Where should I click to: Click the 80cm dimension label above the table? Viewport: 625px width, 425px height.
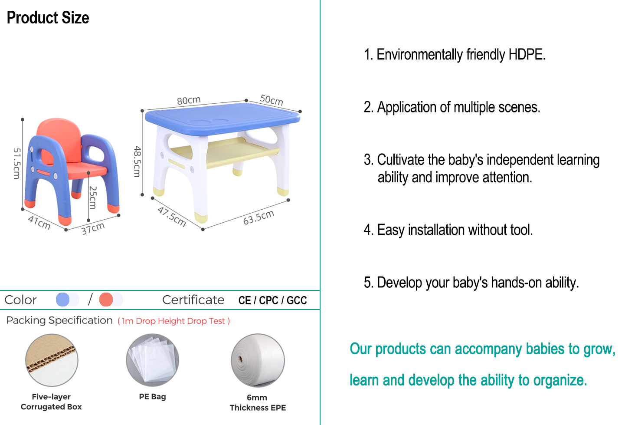click(189, 100)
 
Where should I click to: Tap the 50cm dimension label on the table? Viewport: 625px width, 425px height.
click(271, 100)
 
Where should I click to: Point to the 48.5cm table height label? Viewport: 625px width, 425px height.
click(137, 161)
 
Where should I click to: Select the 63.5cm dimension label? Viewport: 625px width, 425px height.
click(259, 217)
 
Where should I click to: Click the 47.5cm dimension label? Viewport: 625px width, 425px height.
click(172, 217)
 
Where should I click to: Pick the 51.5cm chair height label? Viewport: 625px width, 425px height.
click(17, 163)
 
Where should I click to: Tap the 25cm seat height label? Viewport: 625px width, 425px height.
click(93, 198)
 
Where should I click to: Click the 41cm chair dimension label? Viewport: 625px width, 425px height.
click(39, 223)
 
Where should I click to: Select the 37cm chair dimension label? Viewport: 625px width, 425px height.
click(93, 228)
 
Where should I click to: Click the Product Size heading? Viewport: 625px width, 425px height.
click(48, 18)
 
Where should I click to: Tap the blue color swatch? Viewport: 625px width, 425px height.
click(62, 300)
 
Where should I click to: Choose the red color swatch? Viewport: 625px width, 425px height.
click(106, 300)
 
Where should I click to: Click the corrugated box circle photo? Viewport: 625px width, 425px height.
click(52, 360)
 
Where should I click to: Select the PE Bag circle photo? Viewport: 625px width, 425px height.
click(152, 360)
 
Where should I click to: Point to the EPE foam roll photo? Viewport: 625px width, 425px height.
click(258, 360)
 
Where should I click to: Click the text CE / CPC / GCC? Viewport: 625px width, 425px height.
click(273, 300)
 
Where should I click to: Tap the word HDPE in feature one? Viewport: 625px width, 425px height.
click(527, 54)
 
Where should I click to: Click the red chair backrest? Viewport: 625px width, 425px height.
click(59, 140)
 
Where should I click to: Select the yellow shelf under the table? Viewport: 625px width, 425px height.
click(225, 152)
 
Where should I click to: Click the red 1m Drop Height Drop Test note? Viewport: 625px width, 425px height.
click(173, 321)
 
